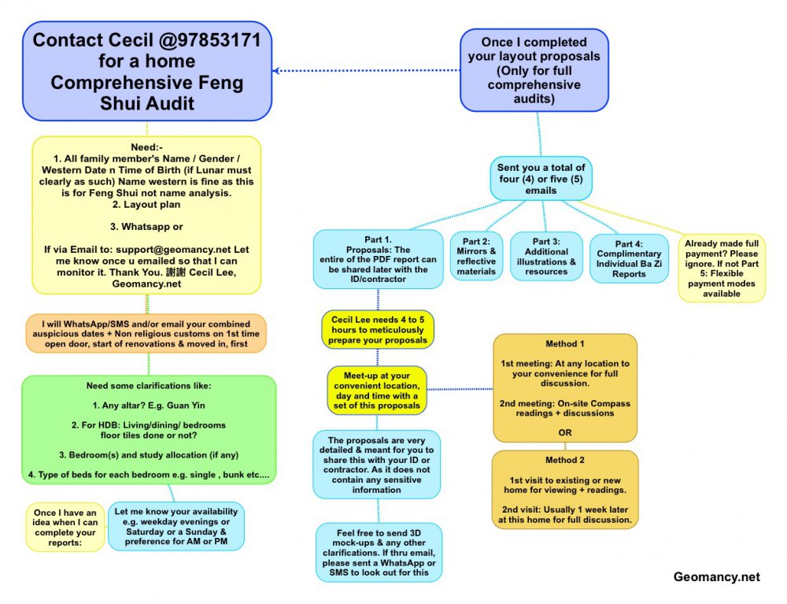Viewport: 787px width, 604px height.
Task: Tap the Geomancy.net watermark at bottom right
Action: [716, 577]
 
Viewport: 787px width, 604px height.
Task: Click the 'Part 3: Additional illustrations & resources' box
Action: [546, 256]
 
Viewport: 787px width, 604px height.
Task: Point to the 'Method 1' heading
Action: [565, 344]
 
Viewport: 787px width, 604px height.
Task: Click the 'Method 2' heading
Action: [565, 460]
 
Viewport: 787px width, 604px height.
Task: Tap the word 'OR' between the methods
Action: [565, 433]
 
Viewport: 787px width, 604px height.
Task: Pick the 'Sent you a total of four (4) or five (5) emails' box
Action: [540, 179]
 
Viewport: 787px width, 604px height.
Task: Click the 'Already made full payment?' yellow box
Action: [722, 269]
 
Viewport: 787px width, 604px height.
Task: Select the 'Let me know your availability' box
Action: [176, 526]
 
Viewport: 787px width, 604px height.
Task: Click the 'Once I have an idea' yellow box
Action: [65, 527]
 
